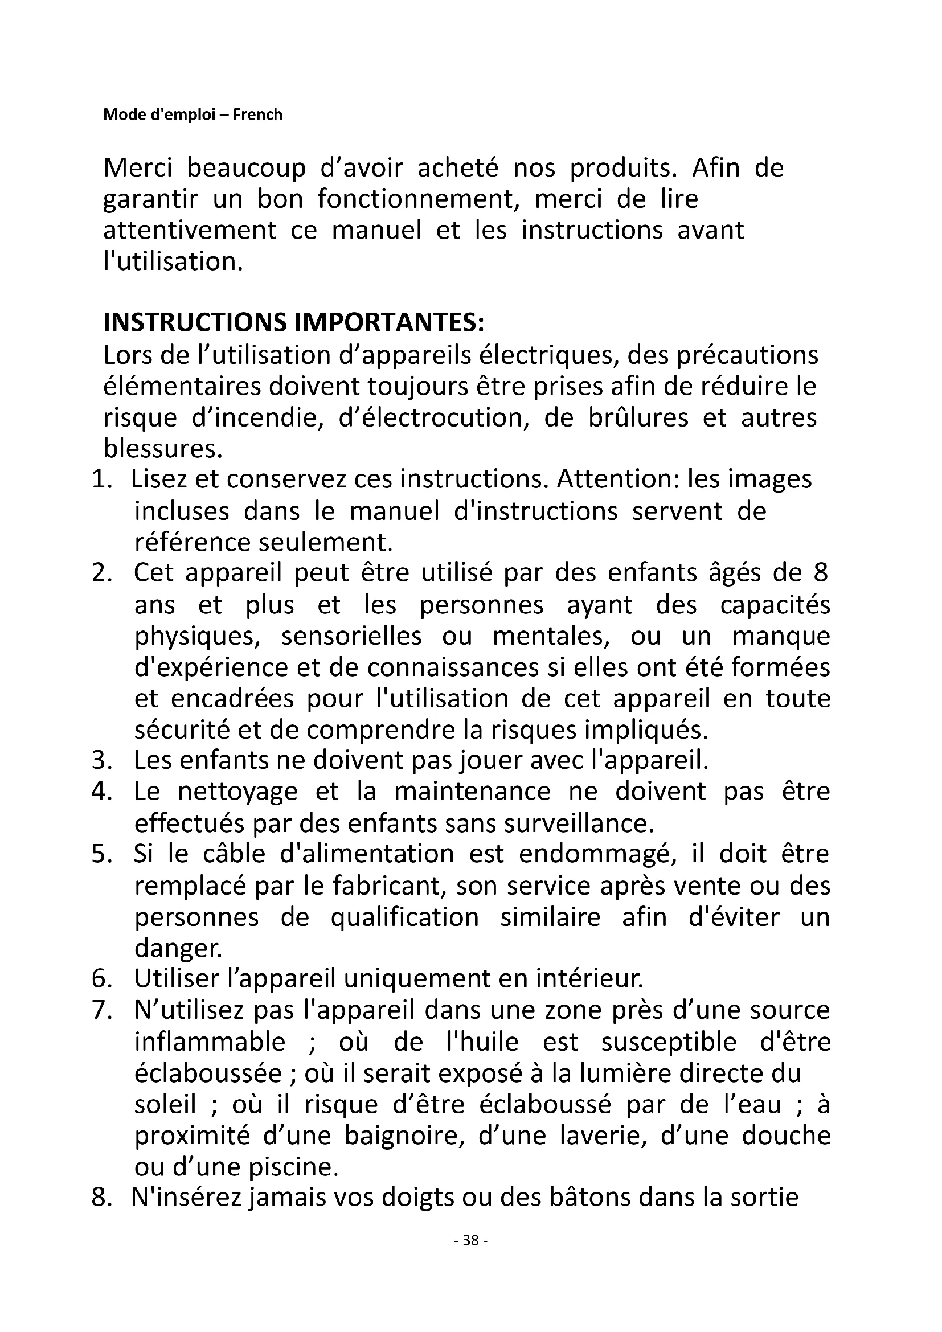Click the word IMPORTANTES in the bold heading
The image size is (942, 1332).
pyautogui.click(x=388, y=323)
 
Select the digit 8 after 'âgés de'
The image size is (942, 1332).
pyautogui.click(x=821, y=573)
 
